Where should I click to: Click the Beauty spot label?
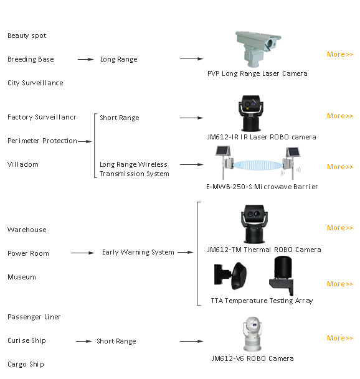(x=27, y=35)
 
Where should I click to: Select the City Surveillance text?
(x=36, y=83)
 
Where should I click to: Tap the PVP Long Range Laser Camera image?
(x=258, y=49)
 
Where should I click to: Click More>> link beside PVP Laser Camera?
(x=340, y=54)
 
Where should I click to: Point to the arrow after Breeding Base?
(x=86, y=59)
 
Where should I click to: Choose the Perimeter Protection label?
(x=42, y=141)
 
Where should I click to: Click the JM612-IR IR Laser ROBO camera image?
(x=251, y=113)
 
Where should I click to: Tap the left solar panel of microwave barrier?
(x=223, y=151)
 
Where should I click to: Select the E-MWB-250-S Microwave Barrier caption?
(x=262, y=187)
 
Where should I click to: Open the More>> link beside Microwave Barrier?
(x=340, y=167)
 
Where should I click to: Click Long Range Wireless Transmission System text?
(x=135, y=169)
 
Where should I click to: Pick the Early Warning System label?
(x=138, y=252)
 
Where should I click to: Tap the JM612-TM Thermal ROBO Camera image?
(x=254, y=224)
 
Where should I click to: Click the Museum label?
(x=22, y=277)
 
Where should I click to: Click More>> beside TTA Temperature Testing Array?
(x=340, y=284)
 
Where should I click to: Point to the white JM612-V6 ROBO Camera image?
(x=252, y=334)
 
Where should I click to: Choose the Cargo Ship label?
(x=26, y=364)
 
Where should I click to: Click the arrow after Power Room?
(x=82, y=253)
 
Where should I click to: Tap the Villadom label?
(x=23, y=164)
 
